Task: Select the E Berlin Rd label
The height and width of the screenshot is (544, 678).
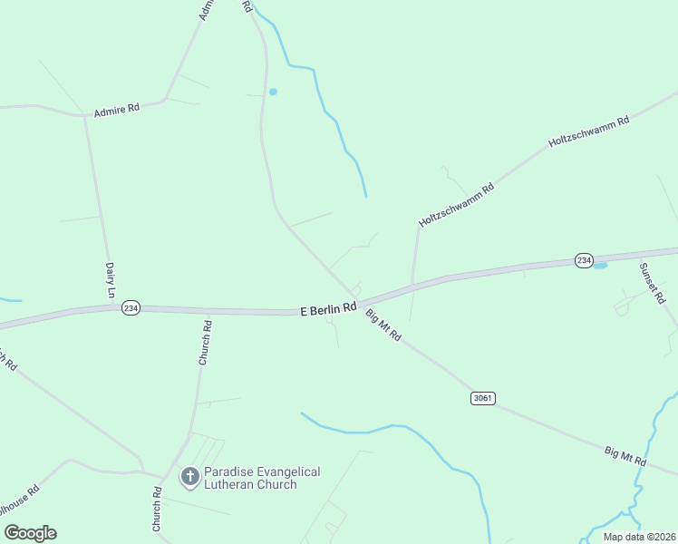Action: click(328, 310)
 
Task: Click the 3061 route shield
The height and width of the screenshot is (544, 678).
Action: click(483, 398)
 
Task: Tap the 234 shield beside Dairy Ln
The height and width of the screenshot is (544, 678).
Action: click(131, 307)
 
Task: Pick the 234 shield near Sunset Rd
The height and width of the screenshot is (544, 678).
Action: click(584, 261)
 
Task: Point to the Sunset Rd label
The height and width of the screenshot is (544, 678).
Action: click(652, 282)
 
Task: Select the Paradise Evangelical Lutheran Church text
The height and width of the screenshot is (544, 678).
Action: click(262, 478)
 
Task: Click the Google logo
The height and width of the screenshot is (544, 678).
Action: click(30, 533)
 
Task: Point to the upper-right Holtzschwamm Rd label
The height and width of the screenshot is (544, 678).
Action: click(588, 132)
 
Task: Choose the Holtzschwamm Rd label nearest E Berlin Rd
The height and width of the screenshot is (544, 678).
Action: click(457, 205)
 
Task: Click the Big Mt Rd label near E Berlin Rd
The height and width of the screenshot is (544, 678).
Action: click(383, 325)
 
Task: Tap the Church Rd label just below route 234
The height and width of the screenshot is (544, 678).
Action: click(206, 343)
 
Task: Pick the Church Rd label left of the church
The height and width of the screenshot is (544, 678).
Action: click(157, 510)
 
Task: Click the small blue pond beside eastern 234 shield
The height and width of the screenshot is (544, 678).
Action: click(600, 266)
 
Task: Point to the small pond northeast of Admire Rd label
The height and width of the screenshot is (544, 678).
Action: click(273, 92)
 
